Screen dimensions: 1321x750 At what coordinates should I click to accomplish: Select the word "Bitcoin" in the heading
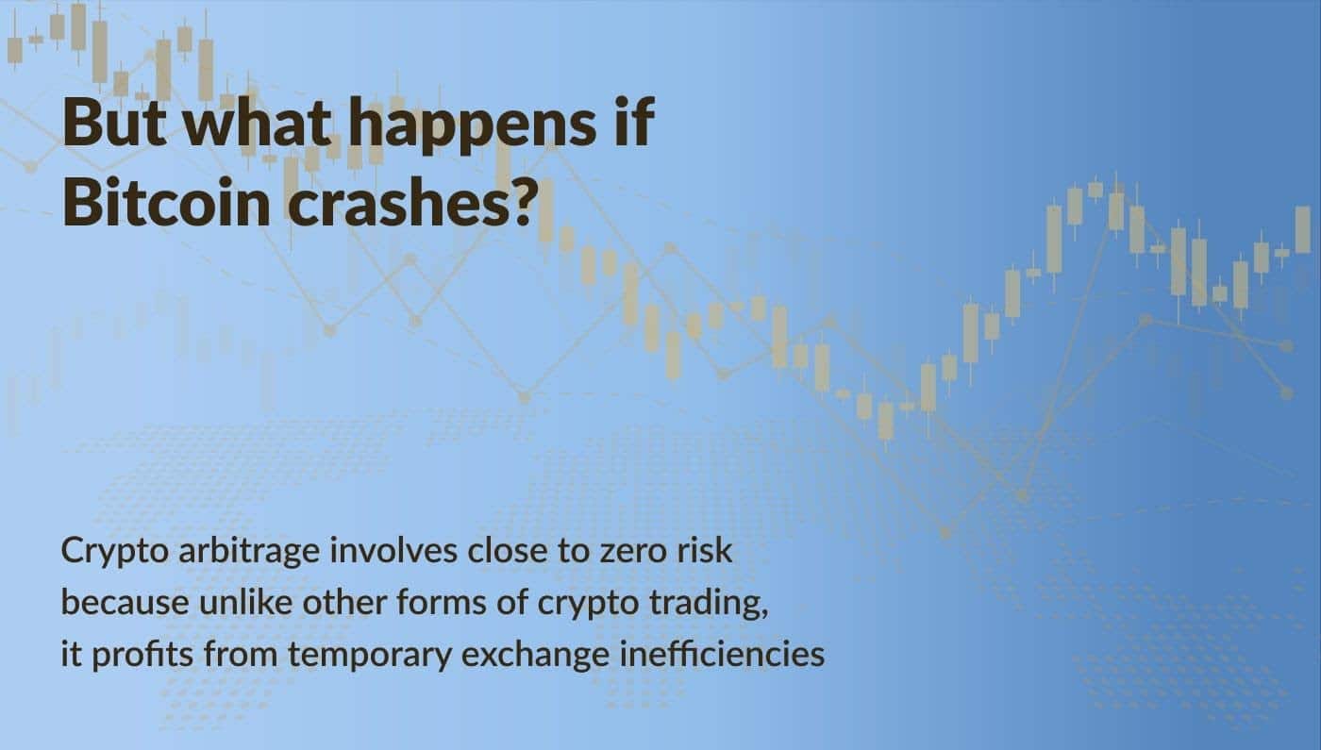point(166,202)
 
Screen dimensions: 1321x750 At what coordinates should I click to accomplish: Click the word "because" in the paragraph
point(125,602)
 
